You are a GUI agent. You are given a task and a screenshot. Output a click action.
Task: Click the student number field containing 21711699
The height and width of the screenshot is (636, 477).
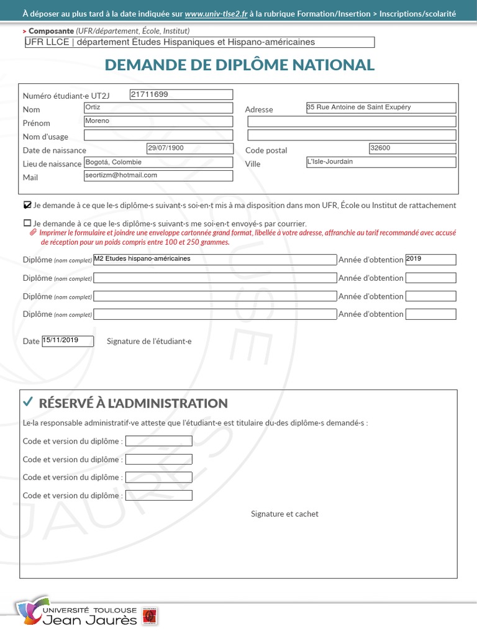pos(181,94)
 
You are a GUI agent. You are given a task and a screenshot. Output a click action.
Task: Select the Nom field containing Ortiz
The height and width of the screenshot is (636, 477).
pos(158,108)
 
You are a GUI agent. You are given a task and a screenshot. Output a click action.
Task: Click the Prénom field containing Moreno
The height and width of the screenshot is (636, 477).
pos(158,121)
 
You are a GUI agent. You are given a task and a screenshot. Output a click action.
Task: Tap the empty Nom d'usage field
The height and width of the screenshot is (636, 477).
pos(158,135)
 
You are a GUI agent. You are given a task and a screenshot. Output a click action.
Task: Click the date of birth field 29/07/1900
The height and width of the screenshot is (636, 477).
pos(189,148)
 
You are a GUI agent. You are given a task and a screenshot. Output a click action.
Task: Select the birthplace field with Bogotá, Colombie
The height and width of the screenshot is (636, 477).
pos(158,162)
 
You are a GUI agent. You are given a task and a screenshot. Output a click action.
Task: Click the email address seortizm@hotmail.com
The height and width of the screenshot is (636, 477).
pos(158,176)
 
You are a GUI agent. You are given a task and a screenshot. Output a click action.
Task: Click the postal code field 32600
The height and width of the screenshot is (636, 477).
pos(412,148)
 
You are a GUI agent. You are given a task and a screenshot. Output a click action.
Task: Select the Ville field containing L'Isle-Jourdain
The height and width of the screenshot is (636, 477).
pos(381,162)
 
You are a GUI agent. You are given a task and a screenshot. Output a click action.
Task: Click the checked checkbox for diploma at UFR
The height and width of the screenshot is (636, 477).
pos(27,205)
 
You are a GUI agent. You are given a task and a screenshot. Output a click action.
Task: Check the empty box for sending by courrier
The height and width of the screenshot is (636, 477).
pos(27,223)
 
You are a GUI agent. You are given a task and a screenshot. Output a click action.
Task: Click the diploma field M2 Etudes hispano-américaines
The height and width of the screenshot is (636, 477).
pos(215,260)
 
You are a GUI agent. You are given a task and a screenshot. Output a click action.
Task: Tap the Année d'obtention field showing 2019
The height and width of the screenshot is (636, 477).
pos(430,260)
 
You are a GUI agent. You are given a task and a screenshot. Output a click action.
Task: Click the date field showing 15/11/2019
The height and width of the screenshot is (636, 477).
pos(68,341)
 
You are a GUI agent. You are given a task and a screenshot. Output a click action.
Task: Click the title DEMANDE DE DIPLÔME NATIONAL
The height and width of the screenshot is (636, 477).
pos(239,65)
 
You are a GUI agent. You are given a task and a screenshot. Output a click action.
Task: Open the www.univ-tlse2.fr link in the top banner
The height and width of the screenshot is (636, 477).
pos(216,13)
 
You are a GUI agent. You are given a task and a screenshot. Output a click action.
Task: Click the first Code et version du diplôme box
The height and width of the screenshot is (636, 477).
pos(158,441)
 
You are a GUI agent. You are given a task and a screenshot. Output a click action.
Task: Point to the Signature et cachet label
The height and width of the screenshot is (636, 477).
pos(284,514)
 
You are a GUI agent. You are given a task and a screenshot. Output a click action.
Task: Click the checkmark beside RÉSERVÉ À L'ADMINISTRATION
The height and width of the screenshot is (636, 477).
pos(27,402)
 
